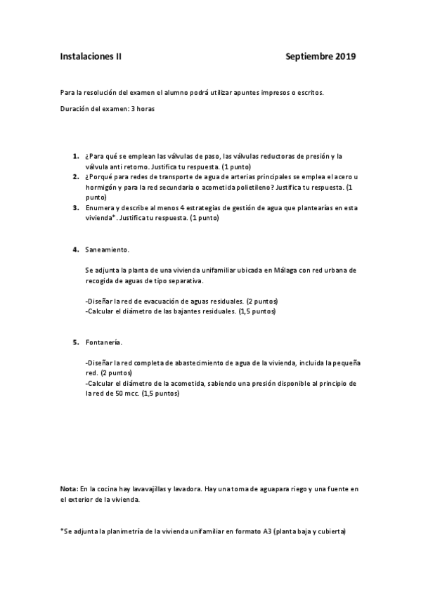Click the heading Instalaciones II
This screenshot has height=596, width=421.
pos(91,56)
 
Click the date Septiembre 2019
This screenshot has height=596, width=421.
pos(321,56)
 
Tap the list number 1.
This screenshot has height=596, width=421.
pos(75,156)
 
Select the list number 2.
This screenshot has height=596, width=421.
pos(75,178)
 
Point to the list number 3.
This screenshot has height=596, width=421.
pos(75,208)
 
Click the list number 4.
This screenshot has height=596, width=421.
pos(75,250)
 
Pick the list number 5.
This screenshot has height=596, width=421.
pos(75,342)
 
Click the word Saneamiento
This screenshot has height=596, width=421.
pos(107,250)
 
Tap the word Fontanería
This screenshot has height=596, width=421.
pos(103,342)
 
